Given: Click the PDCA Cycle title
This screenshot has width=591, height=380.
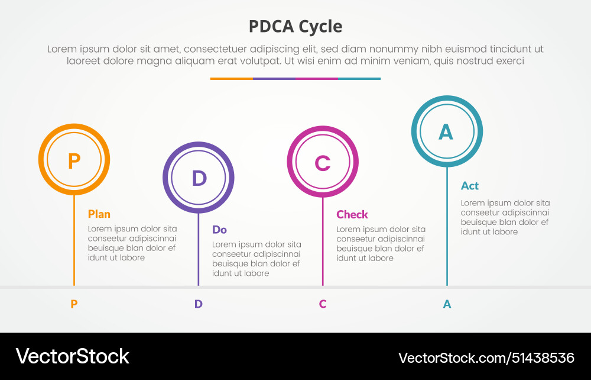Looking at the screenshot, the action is (x=295, y=27).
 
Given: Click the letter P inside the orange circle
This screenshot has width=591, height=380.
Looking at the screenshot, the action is (x=74, y=160).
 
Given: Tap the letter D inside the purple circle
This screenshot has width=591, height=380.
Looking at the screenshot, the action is (x=199, y=178).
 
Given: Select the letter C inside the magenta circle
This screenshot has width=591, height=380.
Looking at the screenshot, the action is (x=323, y=163).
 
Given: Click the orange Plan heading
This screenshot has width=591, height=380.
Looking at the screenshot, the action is (x=99, y=214).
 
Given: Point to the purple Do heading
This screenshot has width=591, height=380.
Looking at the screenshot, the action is (x=219, y=230).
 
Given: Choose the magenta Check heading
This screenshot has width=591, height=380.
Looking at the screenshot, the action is (x=352, y=214).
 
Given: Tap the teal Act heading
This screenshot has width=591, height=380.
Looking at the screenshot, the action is (x=470, y=186).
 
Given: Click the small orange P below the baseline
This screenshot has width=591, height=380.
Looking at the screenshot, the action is (x=74, y=304).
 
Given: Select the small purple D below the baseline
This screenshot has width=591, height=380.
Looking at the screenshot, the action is (x=199, y=304).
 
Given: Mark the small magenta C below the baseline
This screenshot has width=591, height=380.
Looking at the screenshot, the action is (x=323, y=304).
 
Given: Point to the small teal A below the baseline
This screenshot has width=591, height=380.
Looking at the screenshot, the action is (x=447, y=304).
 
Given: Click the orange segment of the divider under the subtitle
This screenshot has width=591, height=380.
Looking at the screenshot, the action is (x=231, y=79).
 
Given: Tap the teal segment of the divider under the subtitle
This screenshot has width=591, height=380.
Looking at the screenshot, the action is (x=359, y=79).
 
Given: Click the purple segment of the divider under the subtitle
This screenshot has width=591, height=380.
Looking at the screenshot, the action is (x=274, y=79).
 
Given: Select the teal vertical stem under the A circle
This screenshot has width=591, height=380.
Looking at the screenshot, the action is (x=447, y=237).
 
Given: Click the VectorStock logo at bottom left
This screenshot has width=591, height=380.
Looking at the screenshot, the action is (x=72, y=356).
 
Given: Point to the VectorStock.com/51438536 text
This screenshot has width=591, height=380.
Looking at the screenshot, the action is (x=486, y=358).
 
